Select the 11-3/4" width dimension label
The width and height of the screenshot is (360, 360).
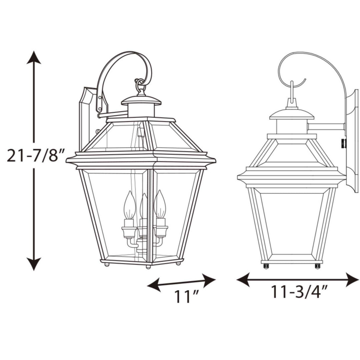[298, 292]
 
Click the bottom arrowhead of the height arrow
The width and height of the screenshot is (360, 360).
[34, 264]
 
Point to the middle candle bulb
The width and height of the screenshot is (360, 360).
[144, 207]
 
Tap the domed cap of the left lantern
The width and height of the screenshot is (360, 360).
[141, 100]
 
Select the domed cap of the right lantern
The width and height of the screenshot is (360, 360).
[292, 114]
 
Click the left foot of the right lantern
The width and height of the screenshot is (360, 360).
[266, 266]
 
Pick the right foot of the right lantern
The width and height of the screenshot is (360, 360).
[317, 266]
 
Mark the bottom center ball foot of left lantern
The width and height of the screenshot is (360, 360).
[148, 267]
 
